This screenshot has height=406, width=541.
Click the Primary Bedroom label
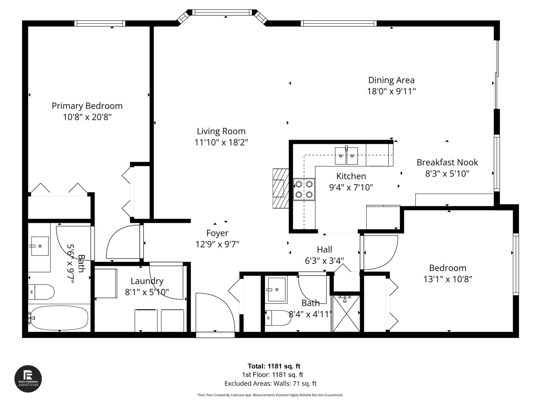pos(87,106)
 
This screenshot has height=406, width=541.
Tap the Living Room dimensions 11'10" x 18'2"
pos(221,142)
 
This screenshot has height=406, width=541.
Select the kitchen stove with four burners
pos(304,189)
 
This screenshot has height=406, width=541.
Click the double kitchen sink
pos(346,156)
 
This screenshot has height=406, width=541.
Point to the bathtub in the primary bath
pos(58,318)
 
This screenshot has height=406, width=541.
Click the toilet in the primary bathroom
pos(41,292)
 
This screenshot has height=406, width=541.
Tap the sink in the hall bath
pos(276,290)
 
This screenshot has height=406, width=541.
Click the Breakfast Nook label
pos(447,162)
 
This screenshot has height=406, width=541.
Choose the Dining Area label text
pos(391,80)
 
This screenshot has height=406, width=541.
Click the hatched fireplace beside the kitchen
pos(281,188)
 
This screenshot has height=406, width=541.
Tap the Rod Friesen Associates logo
pos(28,379)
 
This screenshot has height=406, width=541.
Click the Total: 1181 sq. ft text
pos(274,366)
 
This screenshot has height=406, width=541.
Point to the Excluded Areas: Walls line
pos(270,383)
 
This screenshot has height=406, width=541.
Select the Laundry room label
pos(147,281)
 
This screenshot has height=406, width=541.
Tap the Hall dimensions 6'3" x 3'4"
pos(324,261)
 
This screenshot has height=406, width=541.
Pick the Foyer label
pos(217,233)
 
